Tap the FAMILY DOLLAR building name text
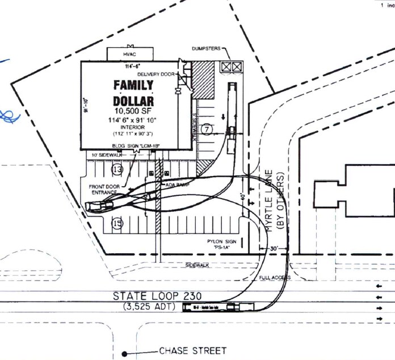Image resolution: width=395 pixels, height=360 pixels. tap(133, 93)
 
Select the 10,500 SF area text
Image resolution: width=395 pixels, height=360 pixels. tap(133, 111)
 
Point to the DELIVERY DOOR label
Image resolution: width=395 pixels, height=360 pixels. tap(156, 74)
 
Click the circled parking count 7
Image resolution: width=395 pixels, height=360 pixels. tap(207, 129)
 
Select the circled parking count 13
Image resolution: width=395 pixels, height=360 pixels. tap(117, 169)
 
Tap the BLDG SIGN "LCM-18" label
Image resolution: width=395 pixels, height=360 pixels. tap(133, 146)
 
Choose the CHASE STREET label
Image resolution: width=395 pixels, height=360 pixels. tap(192, 351)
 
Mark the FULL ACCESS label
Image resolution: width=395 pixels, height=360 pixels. tap(275, 278)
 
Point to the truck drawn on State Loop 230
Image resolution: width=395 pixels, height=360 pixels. tap(218, 307)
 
